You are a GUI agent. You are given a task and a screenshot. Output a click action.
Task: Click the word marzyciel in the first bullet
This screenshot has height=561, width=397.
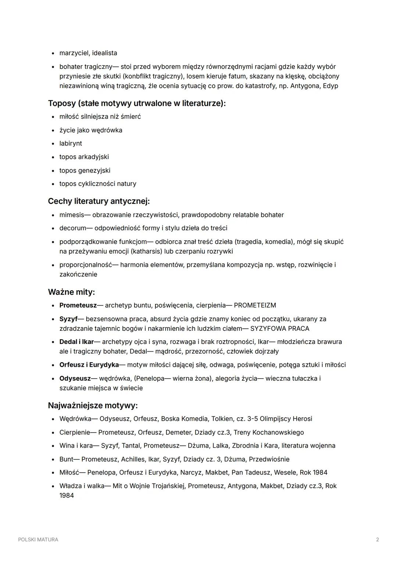[74, 53]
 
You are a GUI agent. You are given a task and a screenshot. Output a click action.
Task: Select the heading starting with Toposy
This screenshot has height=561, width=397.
[137, 103]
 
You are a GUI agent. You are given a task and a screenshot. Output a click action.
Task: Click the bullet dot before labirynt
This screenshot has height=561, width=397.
[53, 143]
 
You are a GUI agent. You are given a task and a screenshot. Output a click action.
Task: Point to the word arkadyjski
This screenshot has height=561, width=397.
[93, 157]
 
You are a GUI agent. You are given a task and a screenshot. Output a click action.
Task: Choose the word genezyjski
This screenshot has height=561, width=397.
[94, 171]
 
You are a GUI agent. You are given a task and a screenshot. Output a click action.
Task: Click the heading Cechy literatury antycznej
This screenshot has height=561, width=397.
[99, 201]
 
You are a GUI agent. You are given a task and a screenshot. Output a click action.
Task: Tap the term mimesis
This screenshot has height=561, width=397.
[72, 215]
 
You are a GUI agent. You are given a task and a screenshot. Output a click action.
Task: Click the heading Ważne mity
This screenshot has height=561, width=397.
[71, 292]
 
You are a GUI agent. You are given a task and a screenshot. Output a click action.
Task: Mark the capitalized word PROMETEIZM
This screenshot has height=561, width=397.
[255, 306]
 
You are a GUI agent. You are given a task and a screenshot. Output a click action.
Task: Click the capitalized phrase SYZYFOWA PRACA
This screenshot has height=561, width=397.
[279, 329]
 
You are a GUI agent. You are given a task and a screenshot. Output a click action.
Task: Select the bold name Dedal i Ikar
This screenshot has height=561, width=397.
[76, 342]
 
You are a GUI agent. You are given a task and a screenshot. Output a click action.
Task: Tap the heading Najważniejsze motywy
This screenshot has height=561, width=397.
[93, 406]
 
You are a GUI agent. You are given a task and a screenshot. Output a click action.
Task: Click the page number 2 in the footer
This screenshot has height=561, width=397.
[378, 540]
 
